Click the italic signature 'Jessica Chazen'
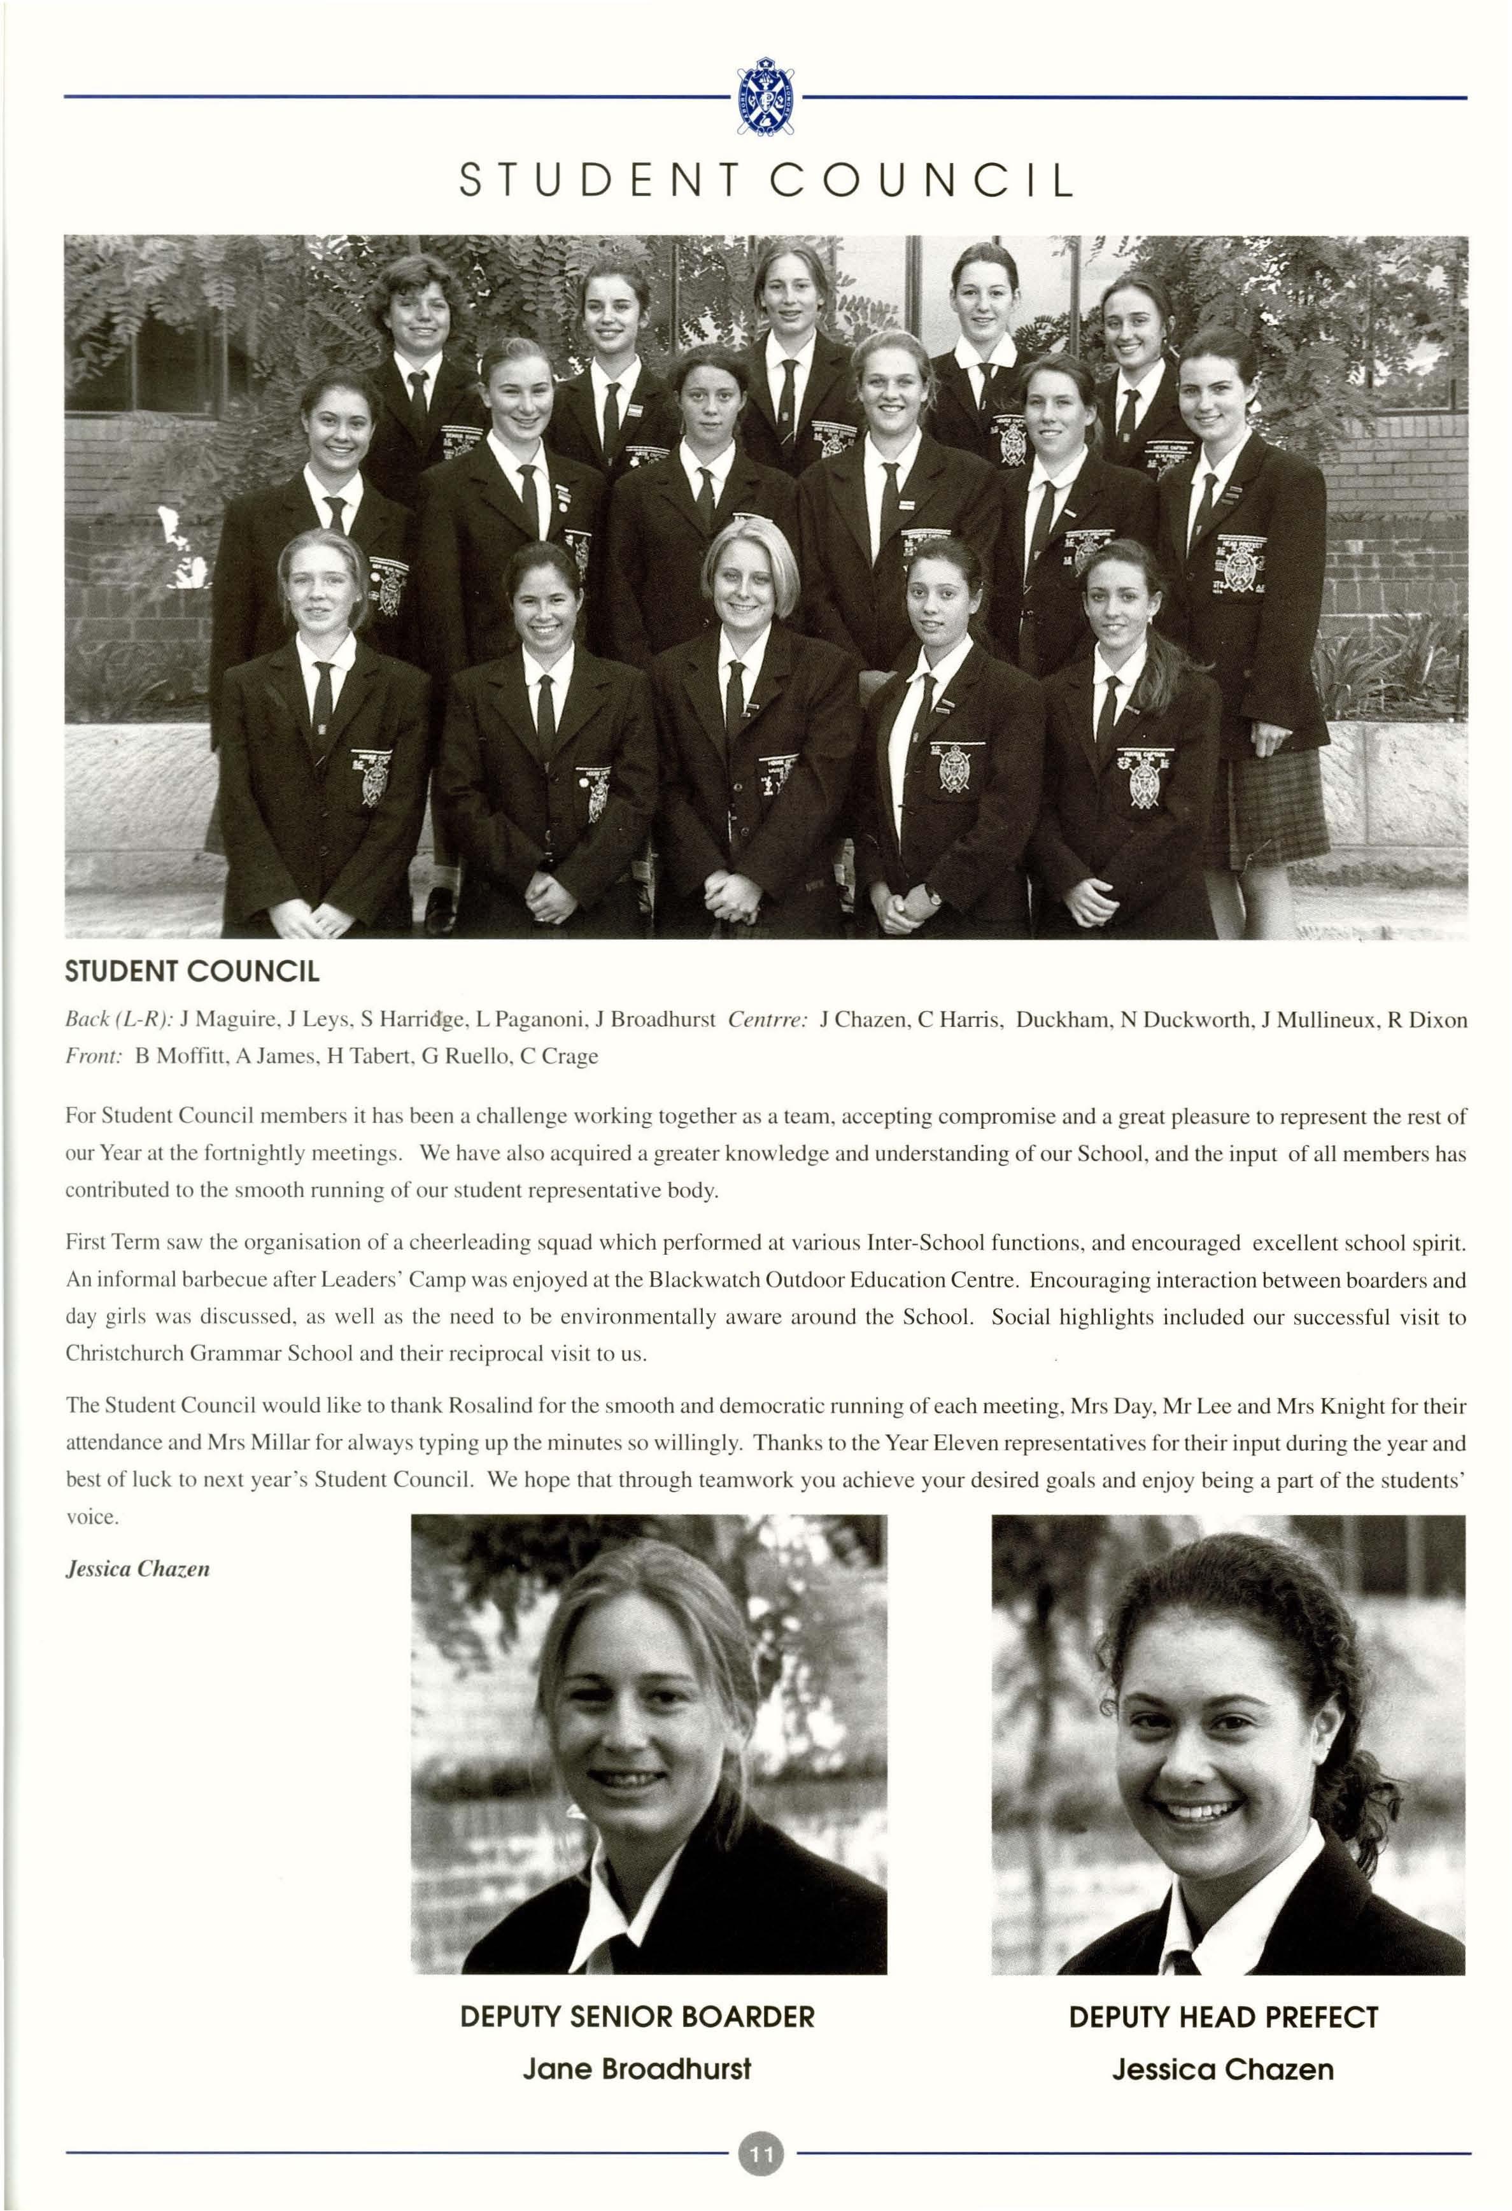(137, 1569)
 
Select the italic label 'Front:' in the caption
(93, 1056)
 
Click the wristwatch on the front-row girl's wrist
(935, 894)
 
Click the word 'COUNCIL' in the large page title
(921, 179)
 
